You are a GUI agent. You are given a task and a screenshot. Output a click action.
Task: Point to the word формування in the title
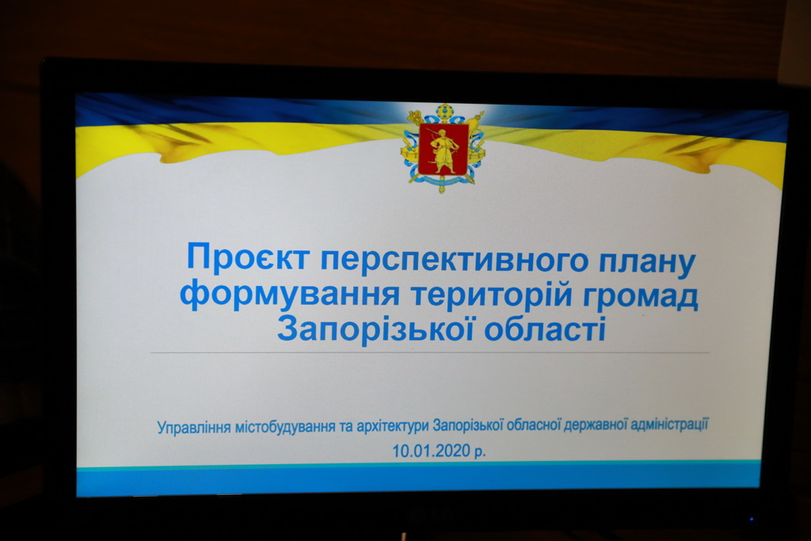coord(289,295)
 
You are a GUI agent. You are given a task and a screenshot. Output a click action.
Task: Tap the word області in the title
coord(544,329)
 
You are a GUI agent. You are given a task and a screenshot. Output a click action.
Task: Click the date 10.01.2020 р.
coord(439,450)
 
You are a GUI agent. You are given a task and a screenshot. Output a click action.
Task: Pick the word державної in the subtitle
coord(596,425)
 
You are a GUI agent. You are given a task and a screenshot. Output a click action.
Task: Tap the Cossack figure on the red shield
coord(443,149)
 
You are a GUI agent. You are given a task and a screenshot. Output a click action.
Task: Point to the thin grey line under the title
coord(430,353)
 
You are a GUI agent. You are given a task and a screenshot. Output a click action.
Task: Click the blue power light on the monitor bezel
coord(751,519)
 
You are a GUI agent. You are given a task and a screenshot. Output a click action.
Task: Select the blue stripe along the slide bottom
coord(419,480)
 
